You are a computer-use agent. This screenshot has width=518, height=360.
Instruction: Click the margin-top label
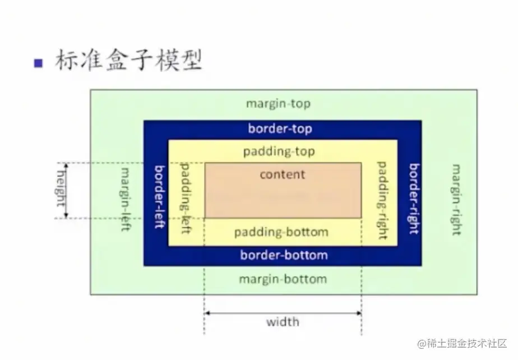pyautogui.click(x=278, y=104)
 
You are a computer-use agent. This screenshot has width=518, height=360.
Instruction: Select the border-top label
pyautogui.click(x=280, y=129)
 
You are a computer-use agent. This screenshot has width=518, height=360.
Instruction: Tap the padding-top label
pyautogui.click(x=279, y=152)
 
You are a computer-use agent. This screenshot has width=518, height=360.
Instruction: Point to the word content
pyautogui.click(x=283, y=174)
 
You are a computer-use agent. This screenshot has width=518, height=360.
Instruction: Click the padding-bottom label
pyautogui.click(x=281, y=232)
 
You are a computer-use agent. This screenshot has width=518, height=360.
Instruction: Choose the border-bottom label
pyautogui.click(x=284, y=256)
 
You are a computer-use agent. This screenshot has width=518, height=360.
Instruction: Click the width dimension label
pyautogui.click(x=283, y=322)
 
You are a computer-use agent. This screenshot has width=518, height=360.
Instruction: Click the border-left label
pyautogui.click(x=159, y=197)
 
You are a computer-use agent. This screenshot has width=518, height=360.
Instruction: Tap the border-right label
pyautogui.click(x=414, y=199)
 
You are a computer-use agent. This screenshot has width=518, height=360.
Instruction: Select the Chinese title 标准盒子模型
pyautogui.click(x=128, y=61)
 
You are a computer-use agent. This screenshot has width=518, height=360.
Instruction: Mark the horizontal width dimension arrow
pyautogui.click(x=283, y=312)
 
